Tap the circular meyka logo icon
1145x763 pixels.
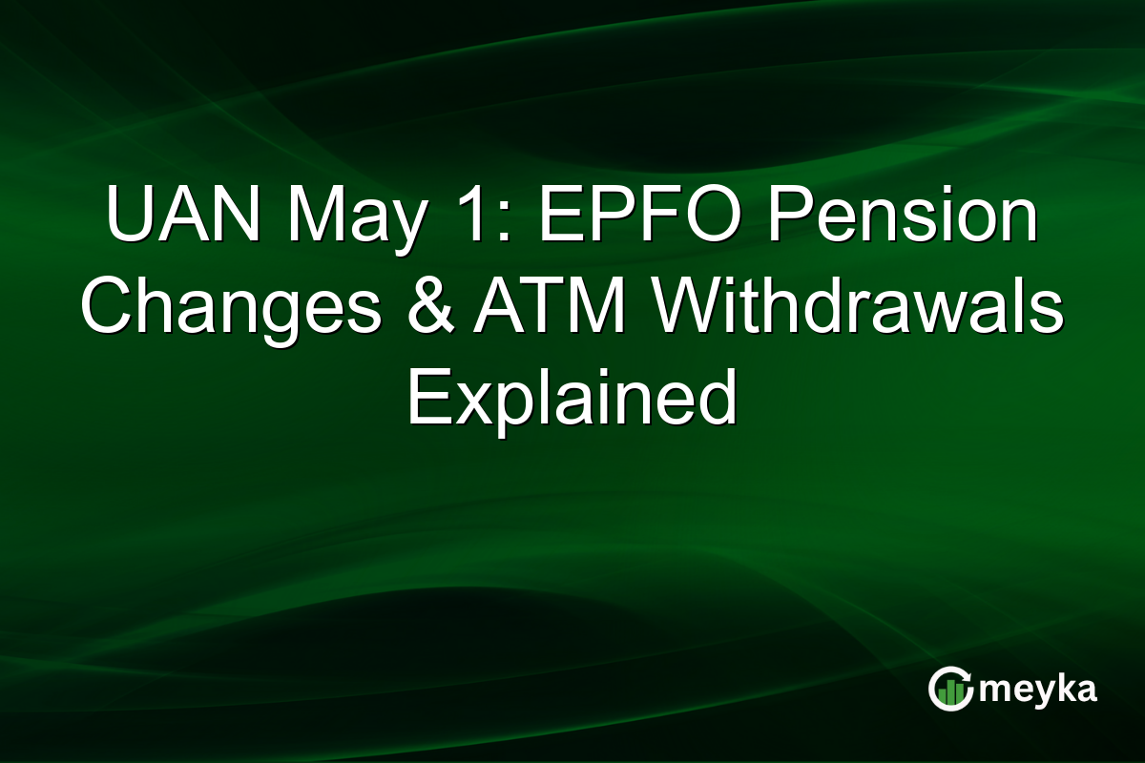[951, 689]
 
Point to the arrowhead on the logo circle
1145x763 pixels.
[969, 676]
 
